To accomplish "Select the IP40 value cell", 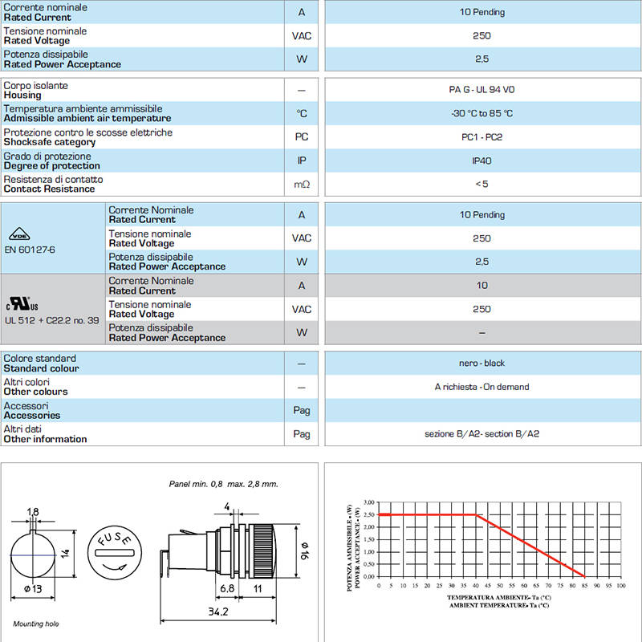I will [481, 160].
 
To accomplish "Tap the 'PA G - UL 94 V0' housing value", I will [481, 90].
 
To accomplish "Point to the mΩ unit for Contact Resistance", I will [302, 185].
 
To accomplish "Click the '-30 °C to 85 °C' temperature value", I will [481, 114].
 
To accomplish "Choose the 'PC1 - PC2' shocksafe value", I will [481, 137].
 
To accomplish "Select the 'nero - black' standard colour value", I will [481, 363].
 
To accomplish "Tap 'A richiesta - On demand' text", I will [481, 387].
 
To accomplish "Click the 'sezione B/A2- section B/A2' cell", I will [481, 434].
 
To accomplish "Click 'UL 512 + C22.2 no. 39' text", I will [52, 319].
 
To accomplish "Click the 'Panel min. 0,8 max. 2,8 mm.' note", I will [223, 484].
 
